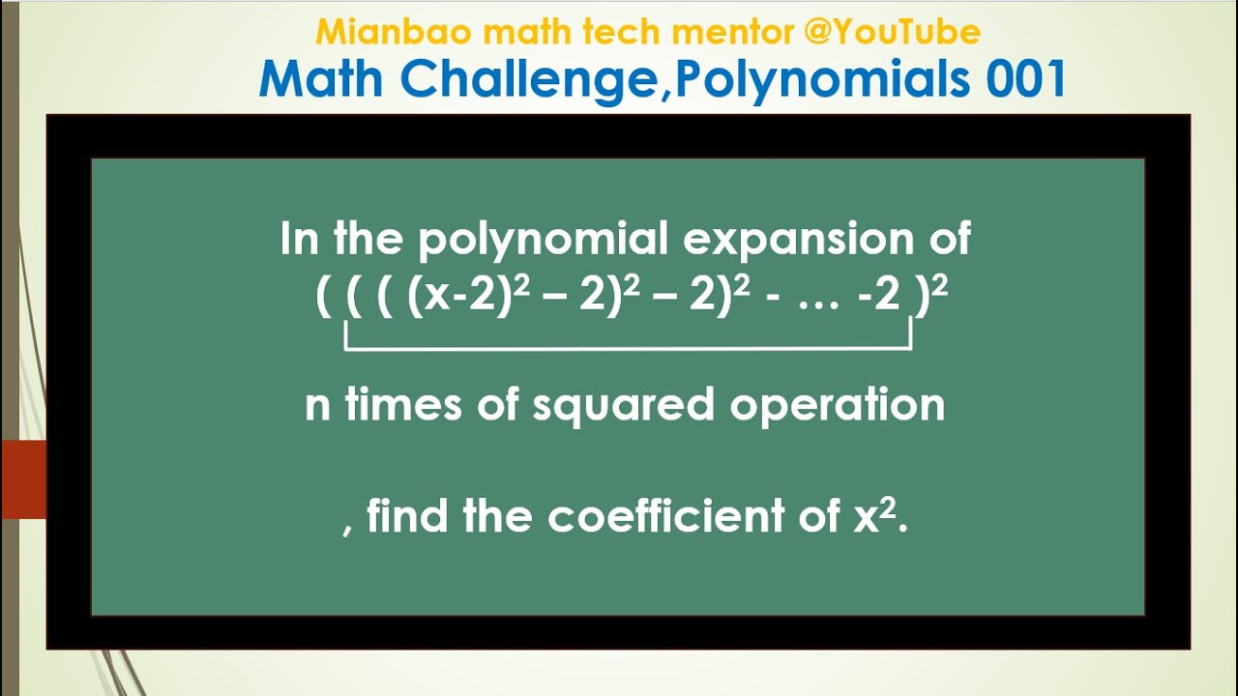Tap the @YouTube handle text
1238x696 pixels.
892,33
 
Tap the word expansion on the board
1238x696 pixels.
797,239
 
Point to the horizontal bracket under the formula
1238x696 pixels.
629,346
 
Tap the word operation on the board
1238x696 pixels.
838,404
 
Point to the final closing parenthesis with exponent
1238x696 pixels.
931,294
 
